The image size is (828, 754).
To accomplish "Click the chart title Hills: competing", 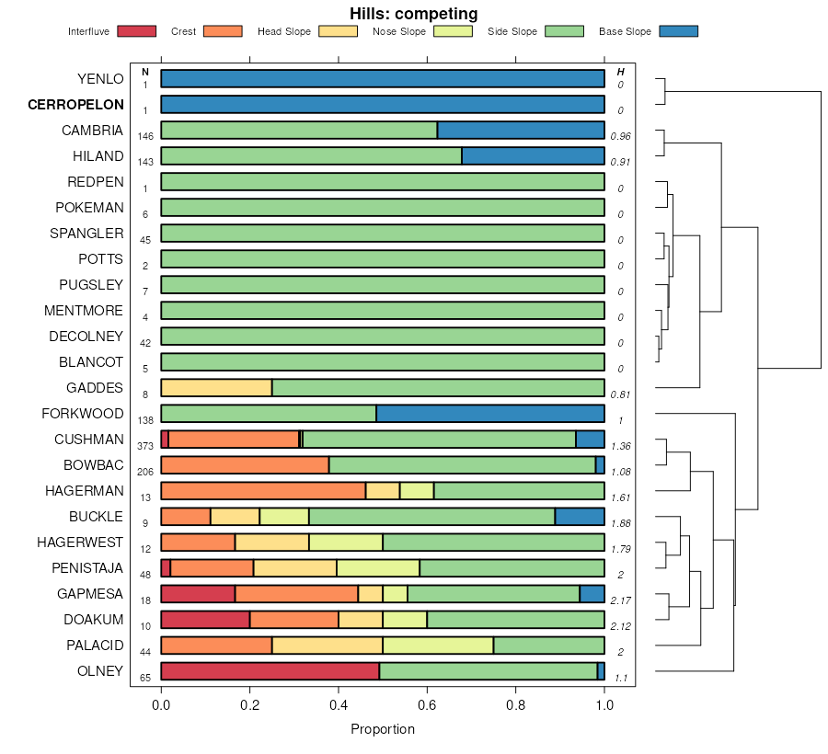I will (413, 14).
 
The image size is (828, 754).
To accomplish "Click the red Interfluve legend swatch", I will (136, 31).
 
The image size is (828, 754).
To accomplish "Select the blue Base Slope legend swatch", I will (678, 31).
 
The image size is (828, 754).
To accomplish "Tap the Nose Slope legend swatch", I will (452, 31).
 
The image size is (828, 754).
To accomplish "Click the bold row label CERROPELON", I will (75, 105).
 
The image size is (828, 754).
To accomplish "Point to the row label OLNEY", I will (100, 671).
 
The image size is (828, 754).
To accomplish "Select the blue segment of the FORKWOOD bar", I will (489, 414).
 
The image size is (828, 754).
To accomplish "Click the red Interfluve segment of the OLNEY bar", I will (270, 671).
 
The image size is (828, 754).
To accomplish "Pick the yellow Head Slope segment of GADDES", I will (216, 388).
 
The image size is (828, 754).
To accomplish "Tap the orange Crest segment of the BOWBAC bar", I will (245, 465).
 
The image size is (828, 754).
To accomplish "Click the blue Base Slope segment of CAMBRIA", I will (521, 131).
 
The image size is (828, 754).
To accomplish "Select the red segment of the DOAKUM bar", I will (205, 620).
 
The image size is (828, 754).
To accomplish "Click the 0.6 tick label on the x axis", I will (427, 705).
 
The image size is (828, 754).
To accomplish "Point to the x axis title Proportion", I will (383, 729).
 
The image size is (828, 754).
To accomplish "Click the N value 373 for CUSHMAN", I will (144, 446).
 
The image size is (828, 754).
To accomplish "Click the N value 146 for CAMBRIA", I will (144, 136).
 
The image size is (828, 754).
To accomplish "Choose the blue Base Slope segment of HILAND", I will (533, 156).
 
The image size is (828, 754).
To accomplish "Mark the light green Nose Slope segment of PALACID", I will (438, 645).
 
